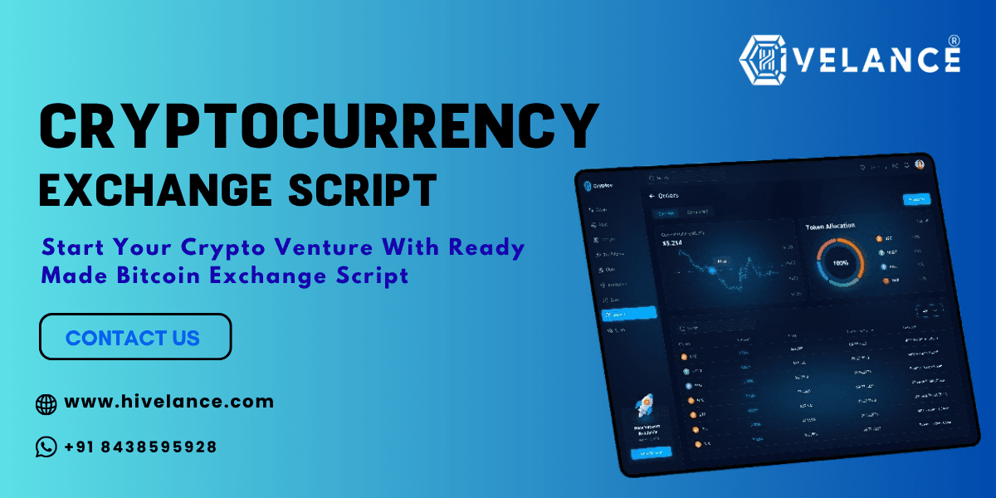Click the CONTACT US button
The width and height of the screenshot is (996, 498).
[x=134, y=337]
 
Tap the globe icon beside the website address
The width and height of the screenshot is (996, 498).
[x=46, y=404]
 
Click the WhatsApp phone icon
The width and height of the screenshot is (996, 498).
[x=46, y=447]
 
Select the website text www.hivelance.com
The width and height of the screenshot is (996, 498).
[x=168, y=402]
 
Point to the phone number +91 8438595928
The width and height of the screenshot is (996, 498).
[x=140, y=447]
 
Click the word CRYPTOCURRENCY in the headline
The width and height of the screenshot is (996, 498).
[x=320, y=127]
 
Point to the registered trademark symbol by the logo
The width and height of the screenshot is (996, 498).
[x=954, y=41]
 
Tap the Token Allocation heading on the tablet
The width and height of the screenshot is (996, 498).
[x=830, y=226]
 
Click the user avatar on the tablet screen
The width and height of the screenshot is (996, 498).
[x=920, y=164]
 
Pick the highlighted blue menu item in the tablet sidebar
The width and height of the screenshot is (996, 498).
[x=628, y=314]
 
